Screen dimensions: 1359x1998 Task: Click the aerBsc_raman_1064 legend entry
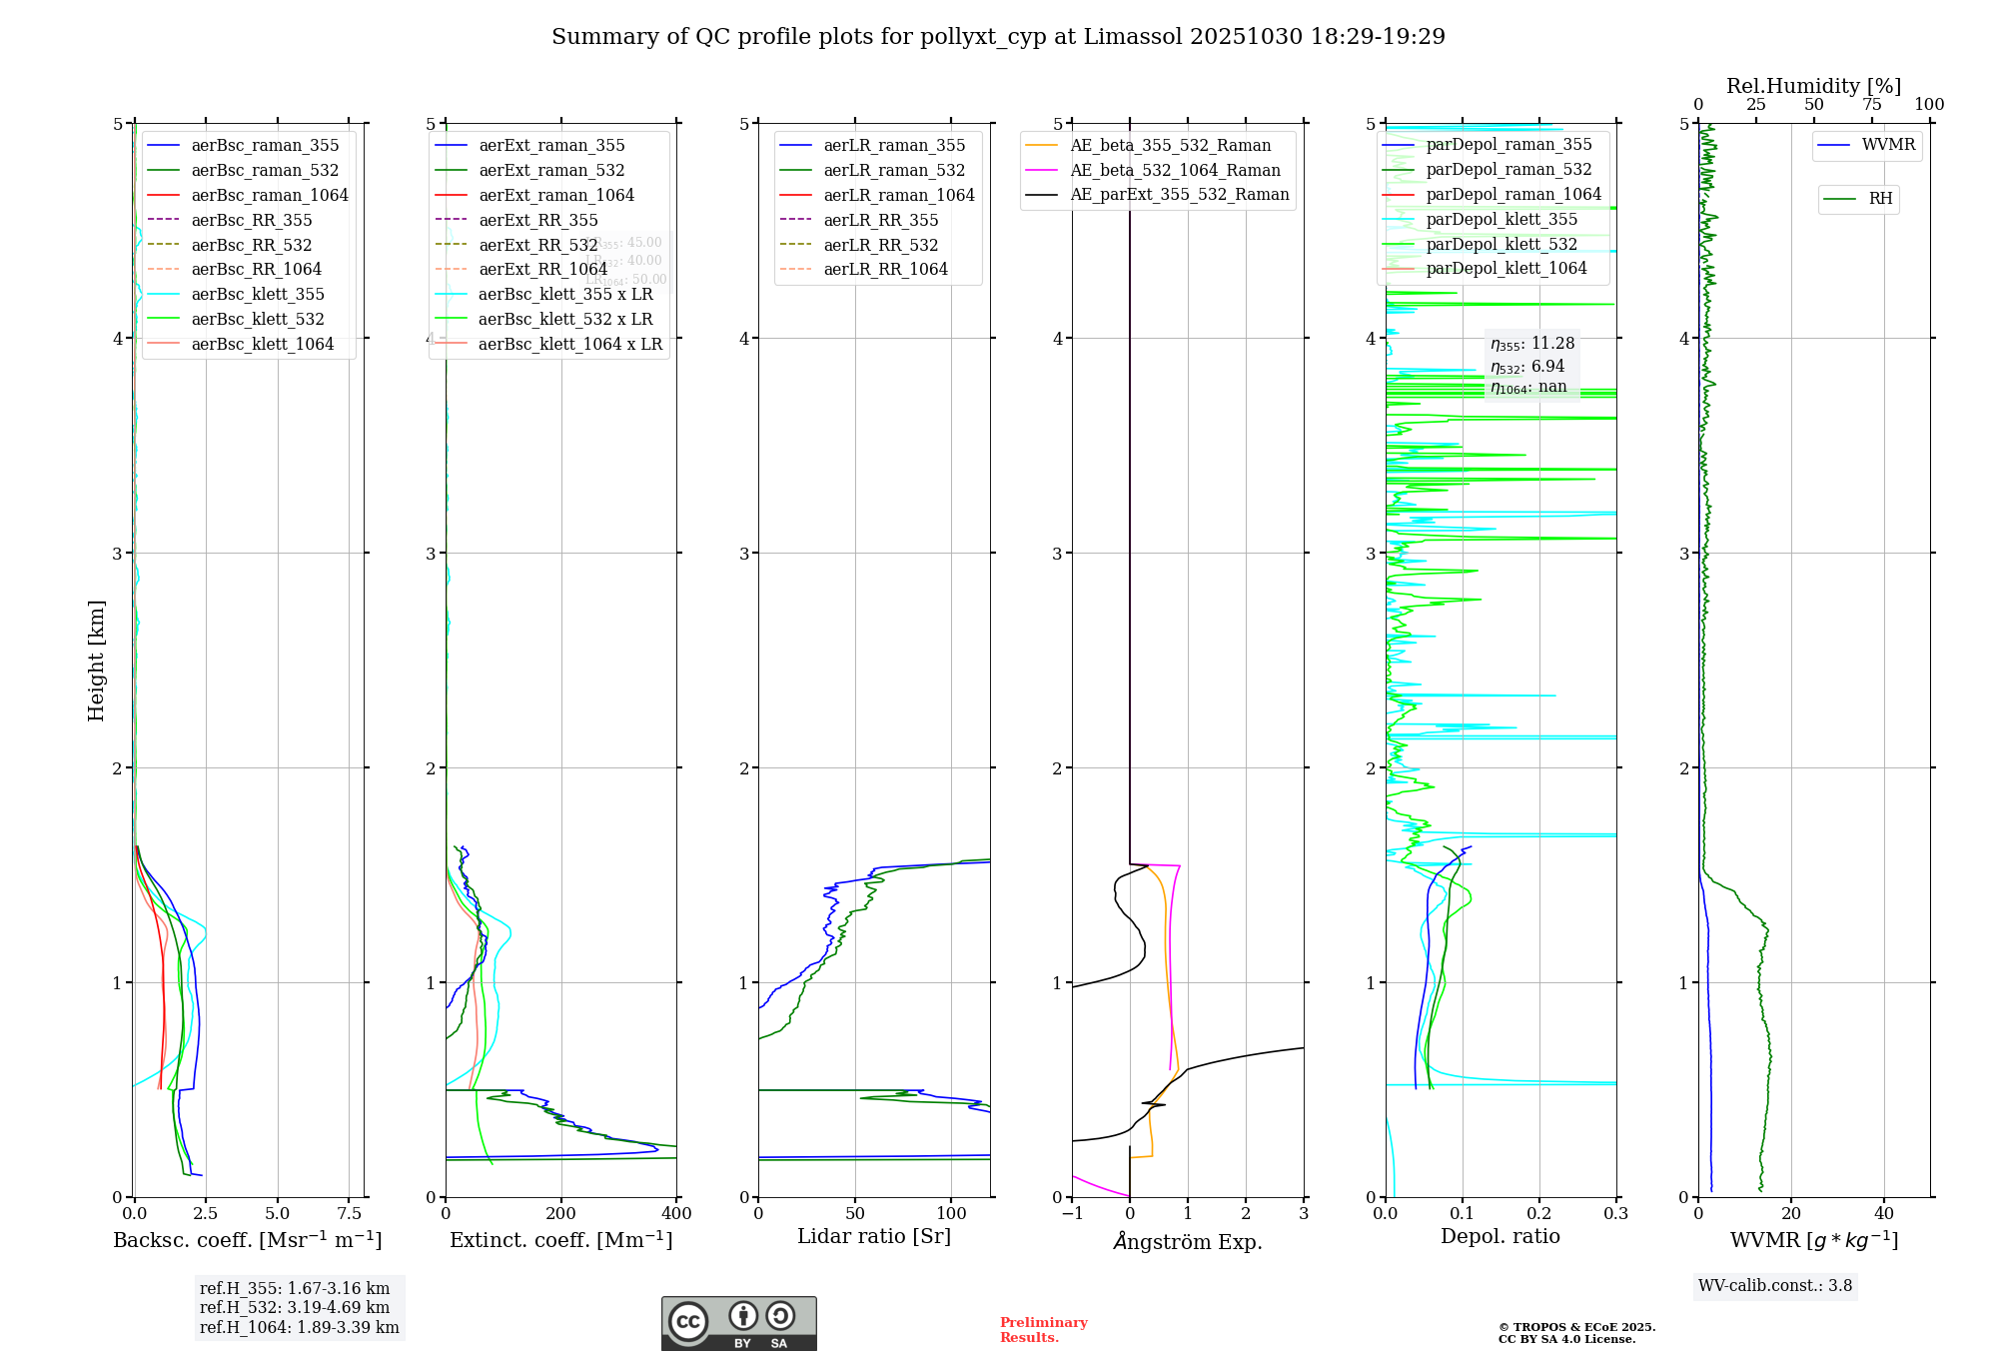click(270, 195)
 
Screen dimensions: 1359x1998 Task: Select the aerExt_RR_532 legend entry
click(537, 245)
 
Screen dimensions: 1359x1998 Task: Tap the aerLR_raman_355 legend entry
click(894, 145)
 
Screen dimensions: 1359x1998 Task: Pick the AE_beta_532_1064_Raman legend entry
click(1175, 170)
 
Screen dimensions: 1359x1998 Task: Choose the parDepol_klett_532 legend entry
click(1501, 244)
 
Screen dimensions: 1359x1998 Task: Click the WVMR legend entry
click(1888, 145)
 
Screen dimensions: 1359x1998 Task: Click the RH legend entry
click(1880, 199)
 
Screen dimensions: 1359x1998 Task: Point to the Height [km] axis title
click(96, 661)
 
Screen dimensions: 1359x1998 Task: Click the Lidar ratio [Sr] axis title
click(874, 1236)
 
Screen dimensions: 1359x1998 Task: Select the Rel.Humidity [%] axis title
click(1813, 86)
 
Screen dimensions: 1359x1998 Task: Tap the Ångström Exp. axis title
click(1188, 1241)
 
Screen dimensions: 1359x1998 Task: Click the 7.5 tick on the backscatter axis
click(349, 1214)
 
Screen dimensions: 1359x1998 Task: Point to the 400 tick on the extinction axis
click(676, 1214)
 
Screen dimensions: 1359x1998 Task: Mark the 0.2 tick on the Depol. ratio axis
click(1539, 1214)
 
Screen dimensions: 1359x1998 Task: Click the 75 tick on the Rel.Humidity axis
click(1871, 105)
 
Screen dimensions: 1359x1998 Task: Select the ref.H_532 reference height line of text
click(295, 1308)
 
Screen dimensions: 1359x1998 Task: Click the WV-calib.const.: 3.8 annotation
click(1775, 1286)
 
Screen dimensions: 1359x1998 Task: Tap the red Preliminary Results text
click(1043, 1330)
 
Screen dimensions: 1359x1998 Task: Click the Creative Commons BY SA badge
click(738, 1324)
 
